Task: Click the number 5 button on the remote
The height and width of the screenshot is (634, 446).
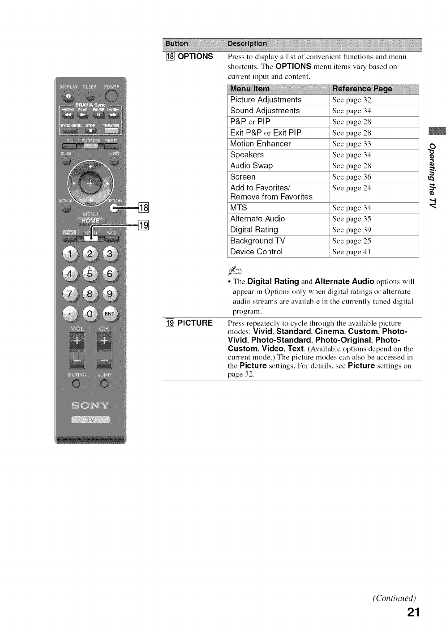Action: point(90,274)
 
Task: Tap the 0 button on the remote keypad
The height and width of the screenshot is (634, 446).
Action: point(90,314)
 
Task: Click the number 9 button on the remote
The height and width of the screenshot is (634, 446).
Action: point(109,294)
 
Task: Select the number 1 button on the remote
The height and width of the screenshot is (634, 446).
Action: point(71,254)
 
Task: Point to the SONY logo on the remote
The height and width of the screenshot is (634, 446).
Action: point(90,406)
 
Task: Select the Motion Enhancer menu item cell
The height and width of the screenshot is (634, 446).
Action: point(260,144)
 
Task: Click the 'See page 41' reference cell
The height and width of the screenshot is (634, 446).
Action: point(352,252)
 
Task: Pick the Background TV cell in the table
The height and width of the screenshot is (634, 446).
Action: point(257,241)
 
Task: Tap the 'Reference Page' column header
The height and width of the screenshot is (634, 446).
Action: point(362,89)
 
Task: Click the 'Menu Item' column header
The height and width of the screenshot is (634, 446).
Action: point(250,89)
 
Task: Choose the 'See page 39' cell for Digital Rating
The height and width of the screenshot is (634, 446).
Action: point(352,230)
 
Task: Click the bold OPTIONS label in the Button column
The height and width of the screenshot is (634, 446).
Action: point(195,56)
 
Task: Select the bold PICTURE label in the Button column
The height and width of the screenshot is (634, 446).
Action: point(195,323)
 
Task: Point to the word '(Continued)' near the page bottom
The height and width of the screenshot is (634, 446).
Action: point(395,598)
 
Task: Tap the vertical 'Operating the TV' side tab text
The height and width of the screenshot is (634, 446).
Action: point(432,175)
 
